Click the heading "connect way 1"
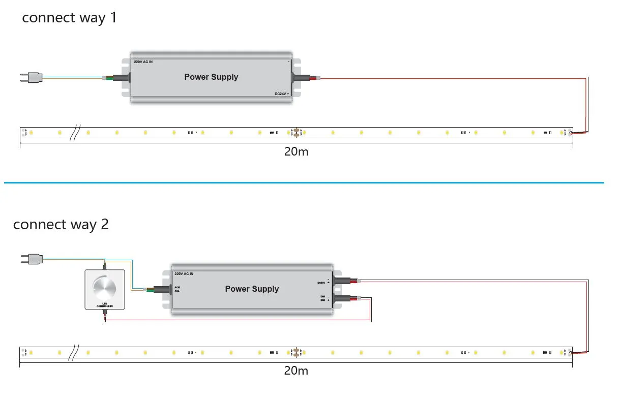tap(69, 18)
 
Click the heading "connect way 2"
tap(61, 224)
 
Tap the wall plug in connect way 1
tap(31, 77)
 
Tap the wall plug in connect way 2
tap(31, 259)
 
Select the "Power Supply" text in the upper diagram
tap(211, 77)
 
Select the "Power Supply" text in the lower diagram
tap(252, 289)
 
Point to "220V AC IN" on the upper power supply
tap(143, 62)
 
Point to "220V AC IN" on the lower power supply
tap(184, 273)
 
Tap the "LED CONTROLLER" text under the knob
tap(104, 305)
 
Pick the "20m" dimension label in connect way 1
tap(296, 152)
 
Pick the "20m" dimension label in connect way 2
tap(296, 371)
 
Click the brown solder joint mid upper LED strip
tap(296, 133)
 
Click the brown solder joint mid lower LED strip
tap(296, 352)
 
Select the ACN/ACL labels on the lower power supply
tap(177, 289)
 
